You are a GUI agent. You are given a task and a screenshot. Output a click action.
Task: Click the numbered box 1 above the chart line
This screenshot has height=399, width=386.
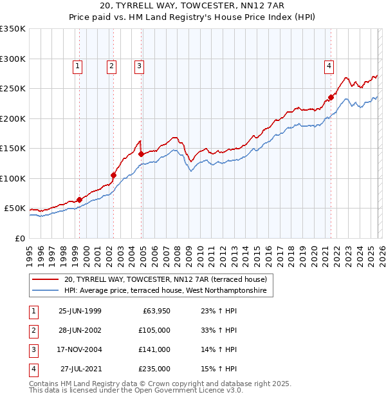pyautogui.click(x=77, y=65)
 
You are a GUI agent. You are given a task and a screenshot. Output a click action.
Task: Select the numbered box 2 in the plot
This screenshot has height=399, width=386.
pyautogui.click(x=111, y=65)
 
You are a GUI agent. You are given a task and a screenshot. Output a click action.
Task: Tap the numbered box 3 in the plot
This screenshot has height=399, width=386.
pyautogui.click(x=139, y=65)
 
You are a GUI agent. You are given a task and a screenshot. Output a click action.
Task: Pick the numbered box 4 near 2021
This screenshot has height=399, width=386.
pyautogui.click(x=329, y=65)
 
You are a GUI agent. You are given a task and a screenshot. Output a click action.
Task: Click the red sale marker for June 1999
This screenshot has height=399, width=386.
pyautogui.click(x=80, y=199)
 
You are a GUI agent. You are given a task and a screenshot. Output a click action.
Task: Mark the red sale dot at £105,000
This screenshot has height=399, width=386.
pyautogui.click(x=114, y=175)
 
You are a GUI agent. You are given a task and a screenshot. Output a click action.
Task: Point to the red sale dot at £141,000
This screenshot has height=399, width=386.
pyautogui.click(x=141, y=154)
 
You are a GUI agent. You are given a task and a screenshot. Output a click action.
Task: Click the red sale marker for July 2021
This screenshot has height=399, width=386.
pyautogui.click(x=331, y=98)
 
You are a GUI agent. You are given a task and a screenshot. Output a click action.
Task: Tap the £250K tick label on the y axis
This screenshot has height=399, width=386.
pyautogui.click(x=13, y=89)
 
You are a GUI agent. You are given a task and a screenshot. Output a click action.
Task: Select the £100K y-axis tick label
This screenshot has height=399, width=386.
pyautogui.click(x=13, y=179)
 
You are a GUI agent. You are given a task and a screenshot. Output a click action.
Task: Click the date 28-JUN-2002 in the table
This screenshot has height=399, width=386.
pyautogui.click(x=80, y=330)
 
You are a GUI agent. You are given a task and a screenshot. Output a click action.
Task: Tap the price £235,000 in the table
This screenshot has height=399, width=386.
pyautogui.click(x=155, y=369)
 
